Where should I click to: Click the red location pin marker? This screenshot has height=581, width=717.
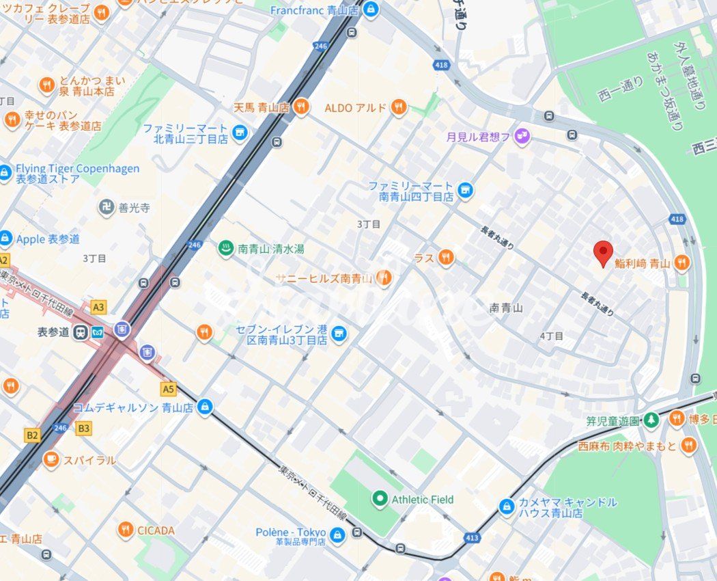[603, 253]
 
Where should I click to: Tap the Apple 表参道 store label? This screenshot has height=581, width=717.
[48, 239]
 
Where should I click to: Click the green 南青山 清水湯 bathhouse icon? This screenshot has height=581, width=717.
[225, 249]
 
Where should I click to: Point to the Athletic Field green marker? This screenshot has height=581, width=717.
[379, 499]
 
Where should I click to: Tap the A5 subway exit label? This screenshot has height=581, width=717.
[168, 389]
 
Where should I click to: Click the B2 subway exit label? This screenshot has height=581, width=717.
[32, 434]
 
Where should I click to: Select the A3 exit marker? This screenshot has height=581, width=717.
[99, 307]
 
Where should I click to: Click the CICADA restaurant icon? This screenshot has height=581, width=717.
[125, 530]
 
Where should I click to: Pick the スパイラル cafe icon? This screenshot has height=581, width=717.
[51, 460]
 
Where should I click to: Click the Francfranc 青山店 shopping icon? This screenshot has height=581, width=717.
[370, 10]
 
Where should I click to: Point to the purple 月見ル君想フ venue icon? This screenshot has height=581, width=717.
[522, 137]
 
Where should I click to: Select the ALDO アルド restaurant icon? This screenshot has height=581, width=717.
[399, 107]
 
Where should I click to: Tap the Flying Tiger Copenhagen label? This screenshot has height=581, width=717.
[77, 169]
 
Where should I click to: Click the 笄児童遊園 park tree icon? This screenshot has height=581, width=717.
[651, 418]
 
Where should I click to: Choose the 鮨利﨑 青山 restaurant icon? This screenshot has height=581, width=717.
[681, 262]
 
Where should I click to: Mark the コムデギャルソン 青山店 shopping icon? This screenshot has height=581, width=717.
[205, 407]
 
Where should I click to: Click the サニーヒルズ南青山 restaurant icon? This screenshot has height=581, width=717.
[384, 278]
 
